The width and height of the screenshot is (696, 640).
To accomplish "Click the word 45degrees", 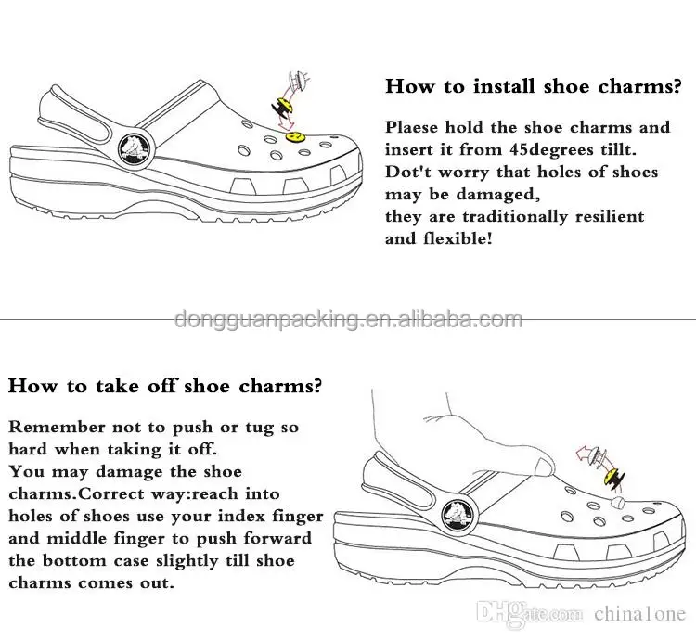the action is click(548, 149).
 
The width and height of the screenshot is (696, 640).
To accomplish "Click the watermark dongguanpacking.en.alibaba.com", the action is click(348, 321).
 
